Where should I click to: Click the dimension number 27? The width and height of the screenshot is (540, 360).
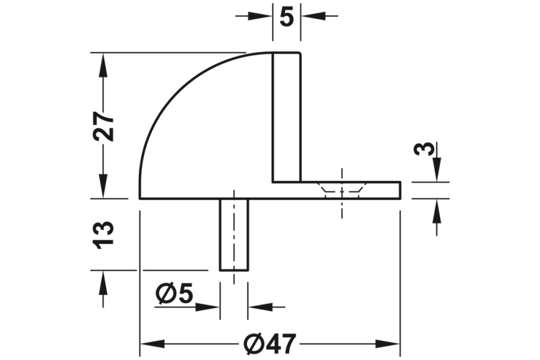(x=103, y=127)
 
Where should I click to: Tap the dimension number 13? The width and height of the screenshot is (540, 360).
(x=104, y=234)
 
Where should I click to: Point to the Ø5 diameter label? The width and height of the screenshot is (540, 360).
(x=174, y=294)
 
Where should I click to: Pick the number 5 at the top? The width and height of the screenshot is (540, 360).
(x=287, y=17)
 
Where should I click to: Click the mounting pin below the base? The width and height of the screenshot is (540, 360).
(x=234, y=235)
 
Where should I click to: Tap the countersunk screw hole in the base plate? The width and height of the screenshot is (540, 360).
(x=342, y=190)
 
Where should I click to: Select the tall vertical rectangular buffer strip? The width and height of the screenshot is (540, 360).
(x=286, y=117)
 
